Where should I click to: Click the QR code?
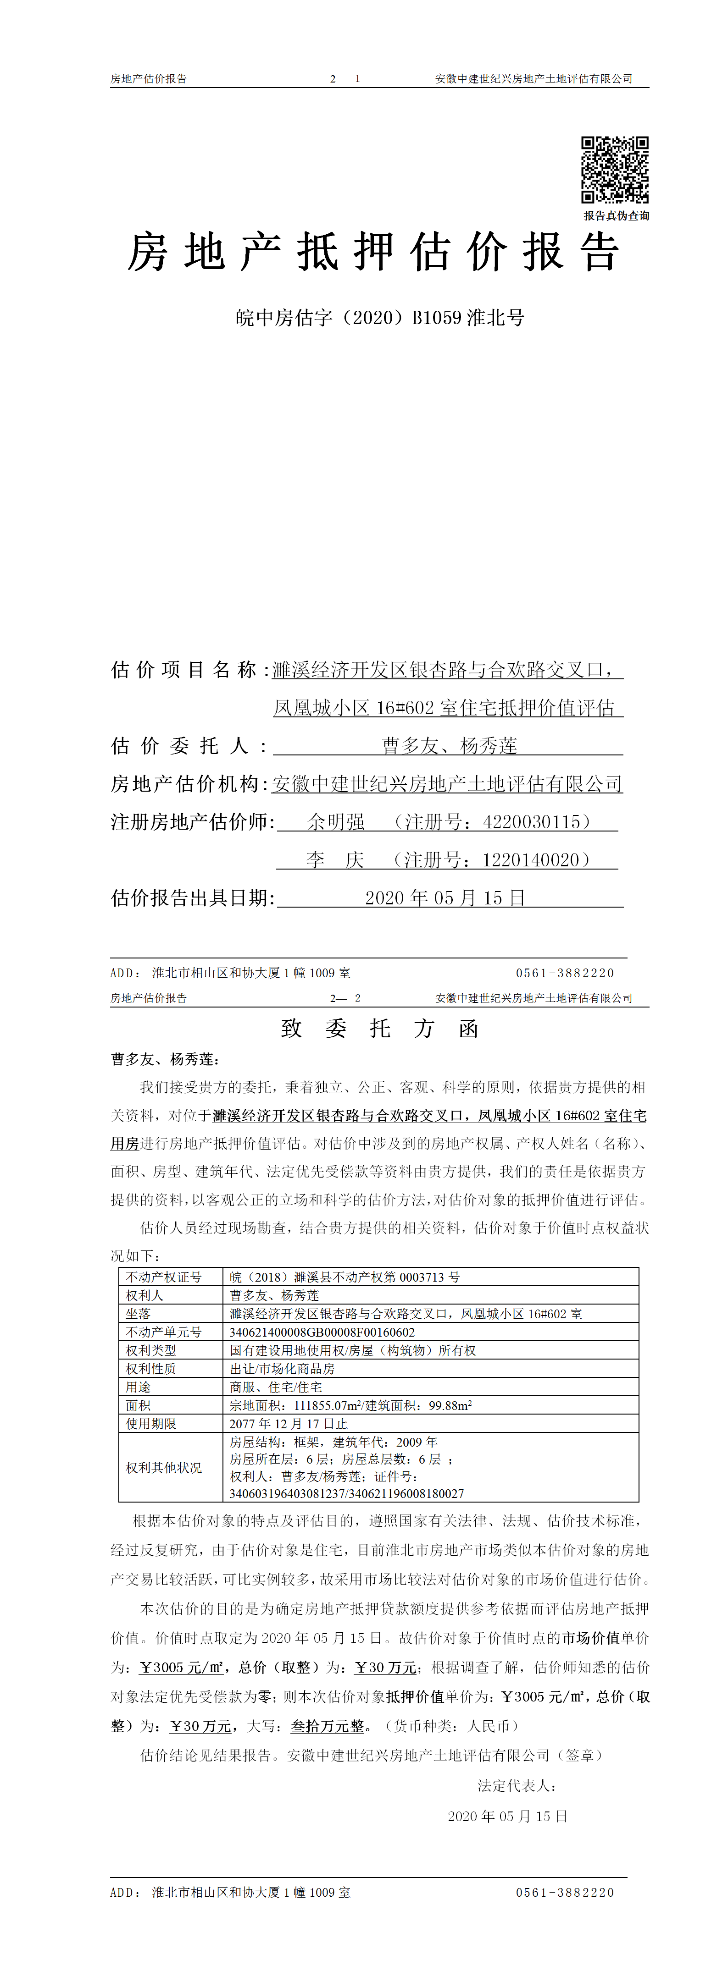615,170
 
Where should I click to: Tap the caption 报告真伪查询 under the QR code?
616,216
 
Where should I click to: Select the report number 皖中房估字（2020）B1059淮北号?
380,318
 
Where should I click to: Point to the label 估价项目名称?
184,670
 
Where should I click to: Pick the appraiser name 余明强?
336,822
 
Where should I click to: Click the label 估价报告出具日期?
192,897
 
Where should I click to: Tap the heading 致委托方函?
380,1028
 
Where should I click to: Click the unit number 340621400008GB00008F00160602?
322,1332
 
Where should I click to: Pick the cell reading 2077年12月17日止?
289,1424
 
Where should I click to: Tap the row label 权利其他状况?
164,1468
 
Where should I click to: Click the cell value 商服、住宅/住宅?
276,1387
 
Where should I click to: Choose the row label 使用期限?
151,1424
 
